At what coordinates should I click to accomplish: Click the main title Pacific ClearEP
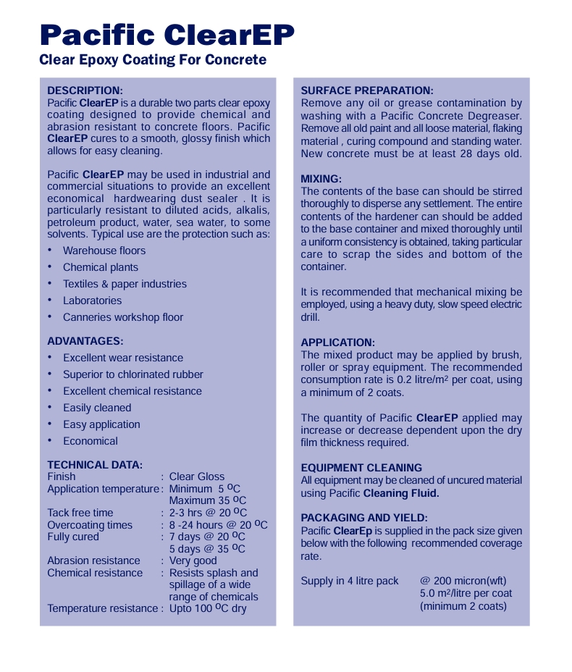point(167,34)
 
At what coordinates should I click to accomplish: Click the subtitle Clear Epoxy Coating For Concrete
point(153,60)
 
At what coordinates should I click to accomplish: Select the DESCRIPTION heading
point(85,91)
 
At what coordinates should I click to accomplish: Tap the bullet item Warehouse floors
point(104,251)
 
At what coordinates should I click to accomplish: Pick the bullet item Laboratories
point(92,301)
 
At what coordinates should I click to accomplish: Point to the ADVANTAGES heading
point(85,340)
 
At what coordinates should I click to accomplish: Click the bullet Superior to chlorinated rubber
point(133,374)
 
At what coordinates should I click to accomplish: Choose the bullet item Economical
point(91,441)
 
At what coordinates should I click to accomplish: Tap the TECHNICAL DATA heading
point(95,465)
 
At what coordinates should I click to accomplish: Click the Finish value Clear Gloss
point(197,476)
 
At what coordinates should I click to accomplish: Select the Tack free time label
point(80,513)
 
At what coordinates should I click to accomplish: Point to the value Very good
point(193,560)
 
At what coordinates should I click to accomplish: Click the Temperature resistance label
point(102,608)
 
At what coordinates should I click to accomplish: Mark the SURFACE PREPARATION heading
point(367,91)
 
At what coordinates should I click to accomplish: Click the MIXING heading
point(321,179)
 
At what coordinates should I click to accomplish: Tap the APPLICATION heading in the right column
point(338,343)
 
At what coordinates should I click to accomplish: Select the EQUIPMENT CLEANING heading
point(361,468)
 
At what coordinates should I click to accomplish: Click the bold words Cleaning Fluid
point(401,493)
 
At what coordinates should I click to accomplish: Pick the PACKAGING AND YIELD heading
point(364,518)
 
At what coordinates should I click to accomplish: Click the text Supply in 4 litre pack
point(350,581)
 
